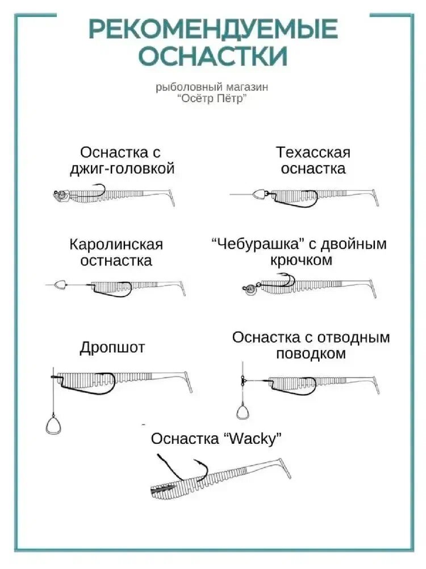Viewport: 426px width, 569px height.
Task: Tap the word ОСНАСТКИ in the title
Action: pos(213,56)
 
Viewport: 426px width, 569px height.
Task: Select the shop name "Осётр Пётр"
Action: pos(213,98)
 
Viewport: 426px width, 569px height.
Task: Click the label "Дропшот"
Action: pos(112,348)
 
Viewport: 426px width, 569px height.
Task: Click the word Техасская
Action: pos(314,152)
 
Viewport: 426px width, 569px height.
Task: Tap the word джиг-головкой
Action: pos(122,169)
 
